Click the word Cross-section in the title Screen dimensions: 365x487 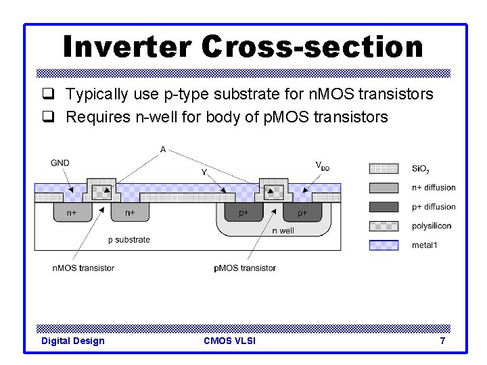click(312, 47)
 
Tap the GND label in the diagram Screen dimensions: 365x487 click(60, 162)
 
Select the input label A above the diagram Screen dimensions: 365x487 click(163, 149)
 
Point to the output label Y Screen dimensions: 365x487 click(204, 172)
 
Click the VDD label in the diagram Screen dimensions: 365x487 click(323, 166)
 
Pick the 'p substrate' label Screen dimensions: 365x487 click(129, 239)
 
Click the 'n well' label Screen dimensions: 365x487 click(283, 230)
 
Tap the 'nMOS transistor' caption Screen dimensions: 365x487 click(83, 268)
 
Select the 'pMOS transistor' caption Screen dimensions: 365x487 click(245, 268)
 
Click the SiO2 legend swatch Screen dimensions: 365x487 click(384, 168)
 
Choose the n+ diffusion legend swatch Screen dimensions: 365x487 click(384, 187)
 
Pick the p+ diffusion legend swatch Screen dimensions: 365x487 click(384, 207)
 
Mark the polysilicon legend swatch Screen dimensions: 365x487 click(384, 226)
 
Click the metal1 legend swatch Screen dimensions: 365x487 click(384, 245)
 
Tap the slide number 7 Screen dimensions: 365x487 click(442, 341)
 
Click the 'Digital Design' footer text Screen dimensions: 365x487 click(73, 341)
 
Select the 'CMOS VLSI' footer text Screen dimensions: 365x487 click(229, 341)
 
